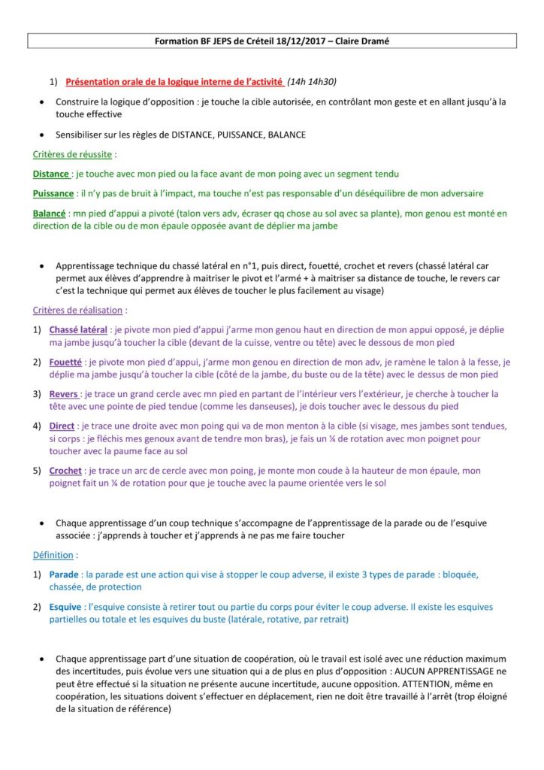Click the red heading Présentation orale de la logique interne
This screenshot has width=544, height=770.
click(174, 81)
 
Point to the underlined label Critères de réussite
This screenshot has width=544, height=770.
click(73, 154)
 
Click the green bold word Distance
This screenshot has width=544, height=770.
click(50, 174)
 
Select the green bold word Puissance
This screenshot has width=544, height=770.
click(53, 193)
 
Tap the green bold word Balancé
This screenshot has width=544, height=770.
click(49, 213)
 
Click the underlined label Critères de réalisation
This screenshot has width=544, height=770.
click(79, 310)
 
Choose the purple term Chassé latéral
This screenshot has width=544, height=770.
click(78, 329)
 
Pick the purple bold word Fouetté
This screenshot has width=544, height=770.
click(66, 362)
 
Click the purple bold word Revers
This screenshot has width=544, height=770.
click(63, 393)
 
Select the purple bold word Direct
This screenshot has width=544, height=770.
click(62, 426)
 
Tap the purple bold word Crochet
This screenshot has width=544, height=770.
click(65, 471)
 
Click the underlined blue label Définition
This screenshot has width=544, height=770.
click(53, 555)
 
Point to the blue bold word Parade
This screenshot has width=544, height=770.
click(64, 574)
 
